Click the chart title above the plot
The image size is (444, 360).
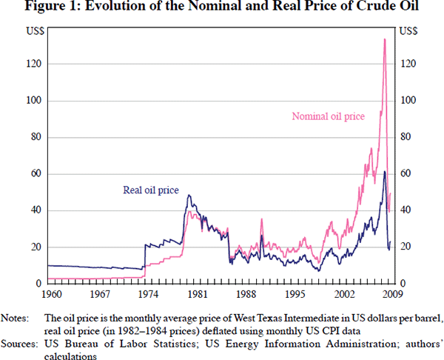(222, 8)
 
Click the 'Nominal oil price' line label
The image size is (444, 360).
(327, 116)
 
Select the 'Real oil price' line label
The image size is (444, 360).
(150, 190)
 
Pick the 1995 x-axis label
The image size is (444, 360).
(295, 293)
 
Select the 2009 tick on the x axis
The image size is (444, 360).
(393, 293)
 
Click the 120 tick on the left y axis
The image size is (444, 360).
(33, 64)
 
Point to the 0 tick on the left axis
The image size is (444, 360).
(37, 284)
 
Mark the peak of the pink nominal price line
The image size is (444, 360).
(385, 39)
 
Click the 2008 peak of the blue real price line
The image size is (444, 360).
(385, 172)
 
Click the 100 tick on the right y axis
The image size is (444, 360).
(408, 101)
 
